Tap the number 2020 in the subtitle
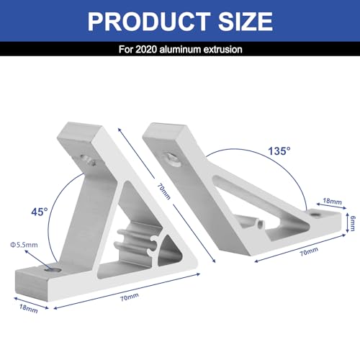click(156, 50)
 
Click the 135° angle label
click(278, 152)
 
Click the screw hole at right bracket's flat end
click(315, 214)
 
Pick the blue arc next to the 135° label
click(302, 173)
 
